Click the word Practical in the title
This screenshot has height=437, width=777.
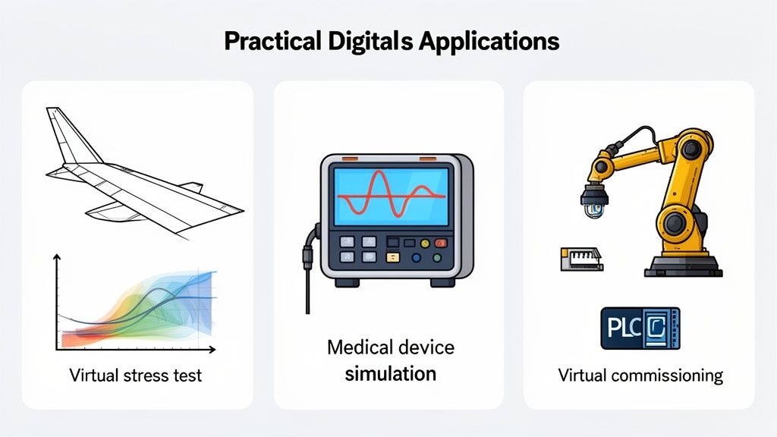pyautogui.click(x=266, y=41)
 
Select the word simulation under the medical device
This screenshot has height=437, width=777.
pyautogui.click(x=391, y=373)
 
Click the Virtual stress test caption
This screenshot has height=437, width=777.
pyautogui.click(x=136, y=375)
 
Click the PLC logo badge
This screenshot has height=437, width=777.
pyautogui.click(x=640, y=328)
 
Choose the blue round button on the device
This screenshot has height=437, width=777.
pyautogui.click(x=416, y=258)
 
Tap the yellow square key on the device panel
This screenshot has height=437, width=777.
pyautogui.click(x=392, y=257)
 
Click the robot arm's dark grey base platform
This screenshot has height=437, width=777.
pyautogui.click(x=681, y=266)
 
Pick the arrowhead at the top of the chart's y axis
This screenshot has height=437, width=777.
pyautogui.click(x=56, y=259)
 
